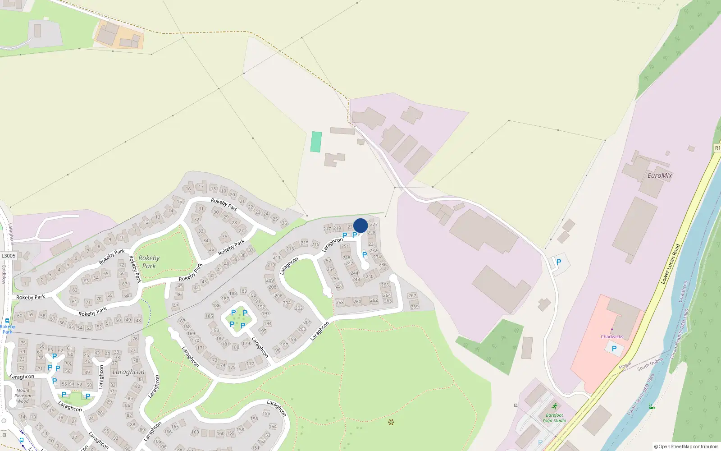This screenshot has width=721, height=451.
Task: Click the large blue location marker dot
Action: pos(360,225)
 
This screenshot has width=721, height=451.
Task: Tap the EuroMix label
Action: pos(659,175)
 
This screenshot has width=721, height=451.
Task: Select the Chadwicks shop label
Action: pos(611,336)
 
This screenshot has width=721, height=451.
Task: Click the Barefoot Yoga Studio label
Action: pos(554,418)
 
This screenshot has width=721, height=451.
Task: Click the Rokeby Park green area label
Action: pos(149,262)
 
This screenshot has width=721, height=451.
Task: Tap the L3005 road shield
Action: pos(8,256)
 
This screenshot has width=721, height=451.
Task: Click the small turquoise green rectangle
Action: pos(316,142)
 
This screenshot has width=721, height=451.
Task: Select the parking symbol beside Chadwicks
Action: pos(614,348)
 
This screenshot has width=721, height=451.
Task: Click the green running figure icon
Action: pos(554,407)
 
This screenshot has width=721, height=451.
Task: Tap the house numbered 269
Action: pos(415,307)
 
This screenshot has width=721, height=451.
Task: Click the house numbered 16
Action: pos(188,189)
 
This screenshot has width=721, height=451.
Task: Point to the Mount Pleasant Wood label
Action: pos(23,396)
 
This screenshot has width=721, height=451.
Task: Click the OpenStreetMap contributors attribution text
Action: pos(686,446)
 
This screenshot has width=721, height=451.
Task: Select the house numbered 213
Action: pos(290,249)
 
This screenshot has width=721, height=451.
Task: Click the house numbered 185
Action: pos(209,316)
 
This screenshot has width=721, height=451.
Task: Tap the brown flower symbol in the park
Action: pos(391,422)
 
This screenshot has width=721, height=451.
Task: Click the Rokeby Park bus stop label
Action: pos(7,329)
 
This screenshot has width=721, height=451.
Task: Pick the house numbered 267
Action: pos(412,295)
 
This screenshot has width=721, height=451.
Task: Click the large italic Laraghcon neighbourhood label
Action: pos(128,372)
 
